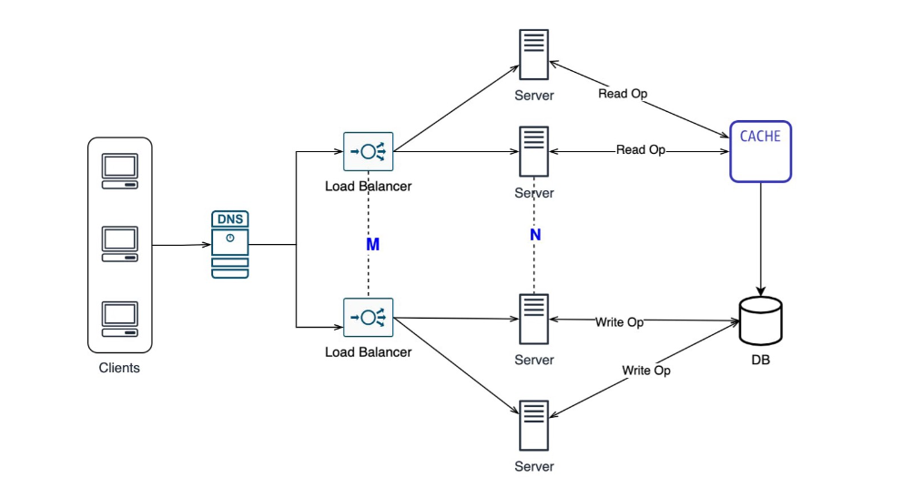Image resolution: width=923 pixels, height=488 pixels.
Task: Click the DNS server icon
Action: pos(230,244)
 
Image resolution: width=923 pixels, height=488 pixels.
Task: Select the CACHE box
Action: pos(760,151)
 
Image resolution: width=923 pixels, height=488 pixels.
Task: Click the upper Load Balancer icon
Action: pos(368,152)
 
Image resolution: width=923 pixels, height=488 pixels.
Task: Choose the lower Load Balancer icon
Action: pos(368,317)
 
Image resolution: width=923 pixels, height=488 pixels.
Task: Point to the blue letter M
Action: pos(372,245)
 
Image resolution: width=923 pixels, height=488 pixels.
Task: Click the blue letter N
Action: pos(535,235)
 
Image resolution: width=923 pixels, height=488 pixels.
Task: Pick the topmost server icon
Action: pos(534,55)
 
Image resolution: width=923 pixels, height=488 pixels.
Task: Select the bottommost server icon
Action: pos(534,424)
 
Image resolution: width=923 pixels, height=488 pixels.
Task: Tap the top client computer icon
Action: pos(119,171)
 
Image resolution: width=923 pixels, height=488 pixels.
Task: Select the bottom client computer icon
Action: pos(119,318)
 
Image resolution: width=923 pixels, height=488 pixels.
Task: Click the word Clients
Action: pos(119,368)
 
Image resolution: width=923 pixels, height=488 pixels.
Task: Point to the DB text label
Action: pos(760,361)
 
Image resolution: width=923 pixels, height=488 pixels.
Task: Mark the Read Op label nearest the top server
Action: pos(623,94)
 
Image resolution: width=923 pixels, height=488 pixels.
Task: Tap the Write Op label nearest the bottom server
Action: pos(646,371)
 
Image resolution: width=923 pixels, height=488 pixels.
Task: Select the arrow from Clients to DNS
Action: pos(180,245)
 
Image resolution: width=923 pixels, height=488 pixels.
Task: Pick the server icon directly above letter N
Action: pos(534,150)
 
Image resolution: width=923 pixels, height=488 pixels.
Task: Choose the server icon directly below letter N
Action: pos(534,318)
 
